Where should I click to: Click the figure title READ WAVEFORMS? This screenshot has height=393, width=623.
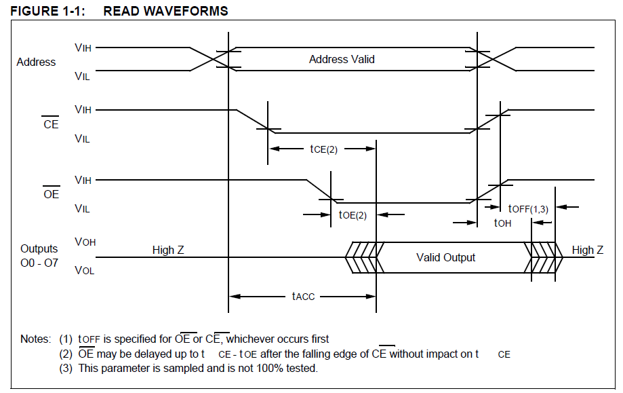pyautogui.click(x=165, y=11)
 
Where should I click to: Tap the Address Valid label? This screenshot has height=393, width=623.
pyautogui.click(x=342, y=59)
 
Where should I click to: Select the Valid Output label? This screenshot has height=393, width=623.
pyautogui.click(x=446, y=257)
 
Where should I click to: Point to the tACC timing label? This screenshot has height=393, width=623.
pyautogui.click(x=303, y=297)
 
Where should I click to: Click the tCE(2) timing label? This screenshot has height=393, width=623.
pyautogui.click(x=324, y=149)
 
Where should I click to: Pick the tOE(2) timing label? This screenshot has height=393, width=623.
pyautogui.click(x=353, y=215)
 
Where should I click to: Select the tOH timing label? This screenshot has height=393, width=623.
pyautogui.click(x=502, y=223)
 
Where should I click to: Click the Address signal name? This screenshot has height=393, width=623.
pyautogui.click(x=36, y=62)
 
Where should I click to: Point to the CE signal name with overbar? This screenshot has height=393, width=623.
pyautogui.click(x=51, y=124)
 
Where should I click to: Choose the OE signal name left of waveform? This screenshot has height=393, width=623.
pyautogui.click(x=52, y=193)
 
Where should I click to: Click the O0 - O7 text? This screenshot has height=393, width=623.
pyautogui.click(x=39, y=263)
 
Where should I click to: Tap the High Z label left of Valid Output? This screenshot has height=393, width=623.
pyautogui.click(x=168, y=250)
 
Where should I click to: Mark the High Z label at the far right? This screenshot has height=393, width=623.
pyautogui.click(x=588, y=250)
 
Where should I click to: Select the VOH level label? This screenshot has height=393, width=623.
pyautogui.click(x=85, y=242)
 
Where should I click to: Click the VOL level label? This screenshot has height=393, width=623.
pyautogui.click(x=85, y=271)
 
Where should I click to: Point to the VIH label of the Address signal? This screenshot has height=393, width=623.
pyautogui.click(x=83, y=48)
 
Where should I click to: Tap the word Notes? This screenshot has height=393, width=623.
pyautogui.click(x=36, y=339)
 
